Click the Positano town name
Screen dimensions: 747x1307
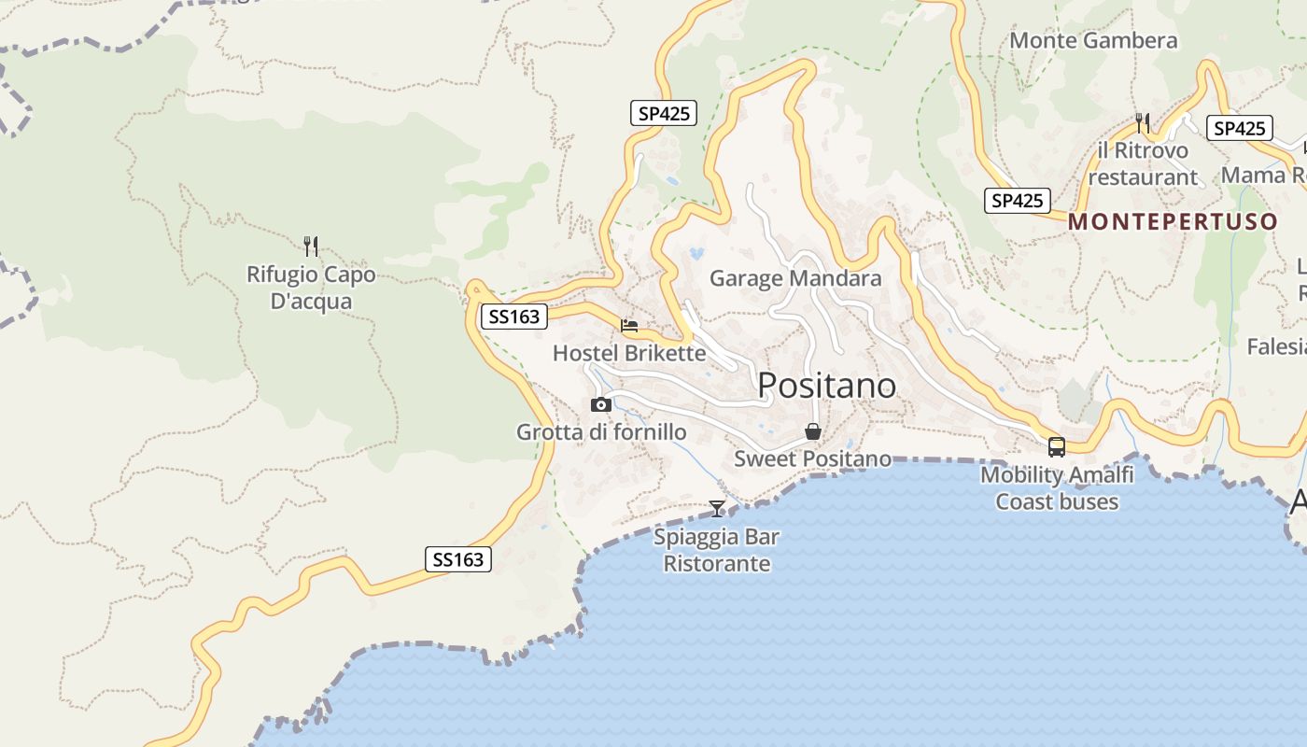(x=826, y=385)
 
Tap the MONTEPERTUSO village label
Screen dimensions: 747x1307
(x=1173, y=221)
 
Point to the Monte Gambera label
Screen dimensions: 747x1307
(x=1093, y=40)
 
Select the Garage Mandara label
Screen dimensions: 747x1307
(x=795, y=278)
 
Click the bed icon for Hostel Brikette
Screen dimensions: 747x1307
(x=629, y=326)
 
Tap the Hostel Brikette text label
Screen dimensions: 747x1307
(x=629, y=353)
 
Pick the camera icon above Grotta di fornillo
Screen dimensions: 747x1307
(x=601, y=405)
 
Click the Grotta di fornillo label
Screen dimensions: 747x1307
(x=601, y=432)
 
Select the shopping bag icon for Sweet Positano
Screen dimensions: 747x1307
(x=813, y=431)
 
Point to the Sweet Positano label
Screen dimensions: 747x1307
(x=812, y=458)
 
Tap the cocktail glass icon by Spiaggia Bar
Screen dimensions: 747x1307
(x=717, y=509)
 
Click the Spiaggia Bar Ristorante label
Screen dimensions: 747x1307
(x=717, y=550)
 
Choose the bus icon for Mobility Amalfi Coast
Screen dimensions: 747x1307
(x=1057, y=447)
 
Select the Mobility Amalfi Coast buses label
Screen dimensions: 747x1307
(x=1057, y=487)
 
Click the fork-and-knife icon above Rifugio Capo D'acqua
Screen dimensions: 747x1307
(x=311, y=247)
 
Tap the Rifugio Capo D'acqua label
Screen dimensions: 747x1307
(x=311, y=288)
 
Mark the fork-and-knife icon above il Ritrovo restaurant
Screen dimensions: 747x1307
(x=1142, y=122)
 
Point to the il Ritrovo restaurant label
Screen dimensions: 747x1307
(x=1143, y=163)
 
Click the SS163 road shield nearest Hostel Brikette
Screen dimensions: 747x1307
(x=514, y=317)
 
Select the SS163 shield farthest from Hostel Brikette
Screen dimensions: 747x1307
(x=458, y=559)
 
